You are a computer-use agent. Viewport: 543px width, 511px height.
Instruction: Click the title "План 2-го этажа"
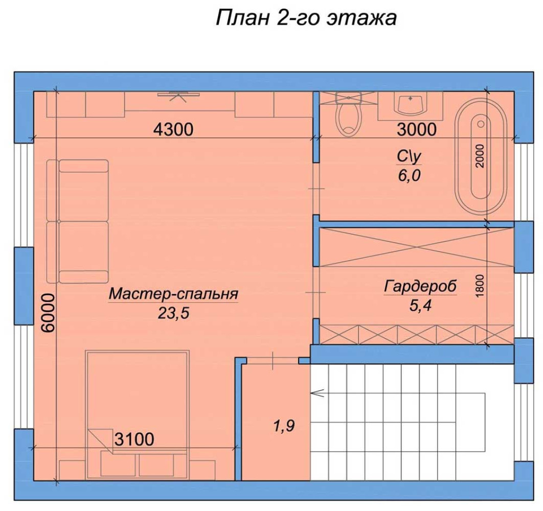click(306, 18)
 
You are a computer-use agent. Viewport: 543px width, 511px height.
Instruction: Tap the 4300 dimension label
click(173, 130)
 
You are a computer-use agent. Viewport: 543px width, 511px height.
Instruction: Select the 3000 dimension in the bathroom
click(417, 130)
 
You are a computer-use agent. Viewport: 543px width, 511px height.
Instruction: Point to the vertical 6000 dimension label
click(48, 313)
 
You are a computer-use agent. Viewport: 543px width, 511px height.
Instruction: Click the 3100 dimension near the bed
click(134, 439)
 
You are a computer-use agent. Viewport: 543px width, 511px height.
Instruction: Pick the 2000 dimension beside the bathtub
click(480, 156)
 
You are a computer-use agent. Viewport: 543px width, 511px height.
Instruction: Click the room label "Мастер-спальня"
click(173, 294)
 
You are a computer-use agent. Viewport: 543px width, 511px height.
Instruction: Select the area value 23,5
click(173, 313)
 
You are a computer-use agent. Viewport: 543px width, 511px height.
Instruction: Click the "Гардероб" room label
click(420, 286)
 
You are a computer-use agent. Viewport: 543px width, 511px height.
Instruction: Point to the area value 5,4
click(420, 306)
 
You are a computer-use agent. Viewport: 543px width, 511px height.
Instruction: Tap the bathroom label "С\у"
click(409, 156)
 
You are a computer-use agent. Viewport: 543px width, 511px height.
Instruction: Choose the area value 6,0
click(409, 176)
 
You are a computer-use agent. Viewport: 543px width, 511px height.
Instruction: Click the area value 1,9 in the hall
click(284, 426)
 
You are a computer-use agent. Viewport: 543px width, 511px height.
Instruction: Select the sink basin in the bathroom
click(411, 105)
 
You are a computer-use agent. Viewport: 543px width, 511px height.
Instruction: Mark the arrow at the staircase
click(318, 393)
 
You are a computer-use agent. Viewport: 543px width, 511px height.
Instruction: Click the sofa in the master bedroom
click(77, 222)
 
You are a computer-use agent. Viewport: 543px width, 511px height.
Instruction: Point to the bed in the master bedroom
click(137, 415)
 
